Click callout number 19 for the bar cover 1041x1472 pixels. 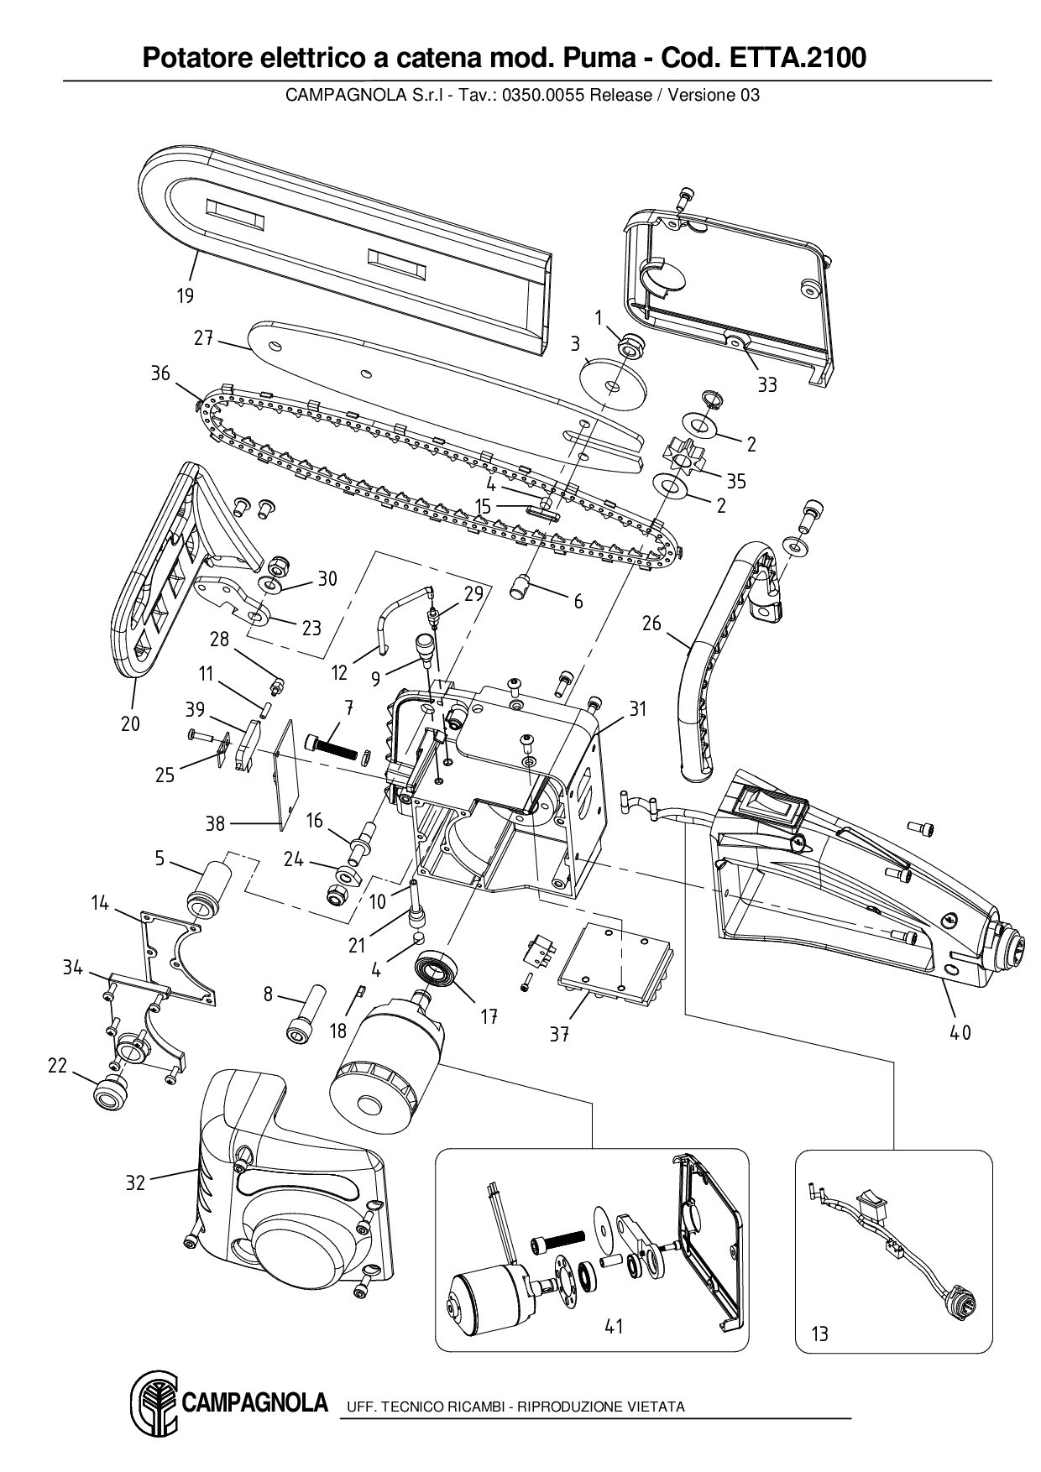point(185,295)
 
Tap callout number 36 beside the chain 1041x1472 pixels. point(160,373)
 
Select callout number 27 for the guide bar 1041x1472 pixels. point(204,339)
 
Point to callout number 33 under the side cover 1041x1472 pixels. point(767,384)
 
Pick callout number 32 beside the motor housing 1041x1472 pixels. point(135,1183)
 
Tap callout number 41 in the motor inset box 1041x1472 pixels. point(614,1327)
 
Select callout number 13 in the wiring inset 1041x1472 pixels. point(819,1333)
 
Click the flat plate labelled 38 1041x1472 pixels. point(286,772)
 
